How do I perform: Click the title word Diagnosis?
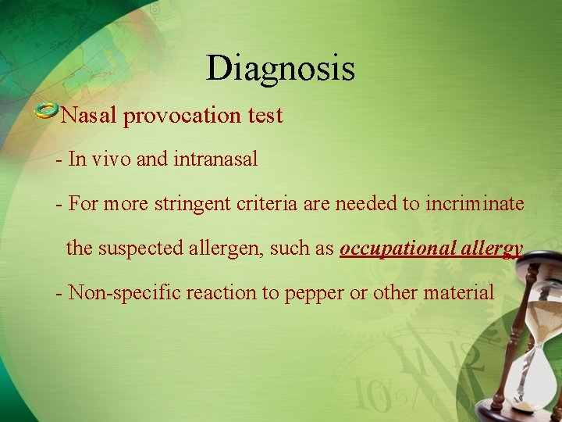(x=280, y=69)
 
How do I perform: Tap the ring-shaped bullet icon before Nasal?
(x=47, y=110)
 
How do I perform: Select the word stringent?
(x=191, y=205)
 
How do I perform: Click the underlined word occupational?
(x=393, y=249)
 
